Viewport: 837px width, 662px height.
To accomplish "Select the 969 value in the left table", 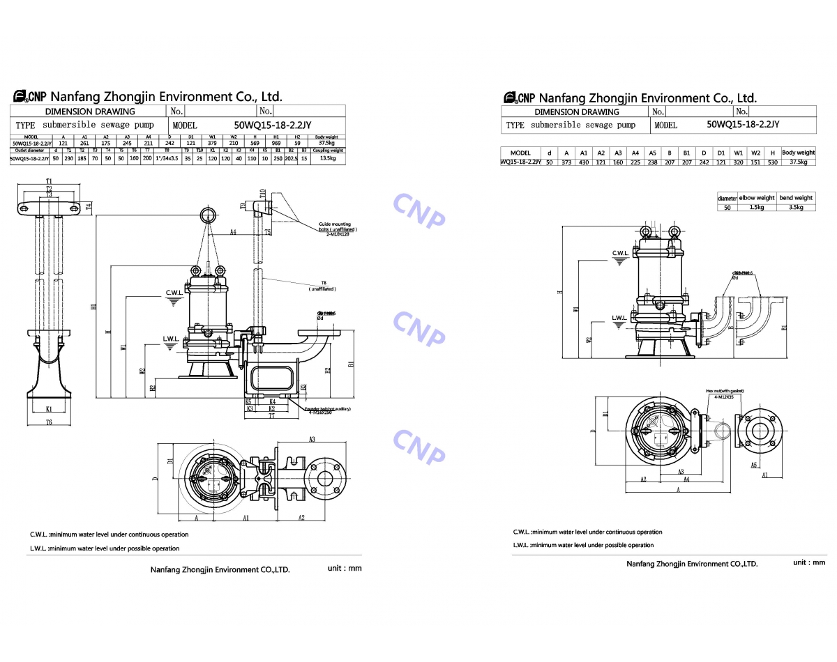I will pos(276,144).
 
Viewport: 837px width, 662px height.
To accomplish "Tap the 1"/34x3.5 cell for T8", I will pos(167,159).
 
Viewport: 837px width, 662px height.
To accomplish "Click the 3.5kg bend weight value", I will pos(796,207).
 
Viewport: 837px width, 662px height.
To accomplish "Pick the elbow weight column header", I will pos(757,198).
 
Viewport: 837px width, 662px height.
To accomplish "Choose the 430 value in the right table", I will pos(584,162).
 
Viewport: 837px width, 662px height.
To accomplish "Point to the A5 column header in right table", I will pos(652,153).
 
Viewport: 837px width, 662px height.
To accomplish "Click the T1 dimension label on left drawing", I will pos(49,182).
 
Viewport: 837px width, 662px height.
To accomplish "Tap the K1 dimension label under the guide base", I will pos(49,409).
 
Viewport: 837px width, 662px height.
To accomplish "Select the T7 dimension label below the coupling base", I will pos(271,416).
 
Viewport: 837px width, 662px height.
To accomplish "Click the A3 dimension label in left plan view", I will pos(312,439).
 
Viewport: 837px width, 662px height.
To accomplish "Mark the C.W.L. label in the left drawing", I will pos(174,292).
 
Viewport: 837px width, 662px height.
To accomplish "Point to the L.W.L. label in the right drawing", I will pos(619,318).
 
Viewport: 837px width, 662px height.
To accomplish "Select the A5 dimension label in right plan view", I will pos(754,464).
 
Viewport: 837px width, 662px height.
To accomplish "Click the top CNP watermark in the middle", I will pos(418,210).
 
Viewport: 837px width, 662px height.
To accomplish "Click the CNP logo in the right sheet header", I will pos(518,98).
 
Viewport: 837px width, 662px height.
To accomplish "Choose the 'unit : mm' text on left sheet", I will pos(345,568).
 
